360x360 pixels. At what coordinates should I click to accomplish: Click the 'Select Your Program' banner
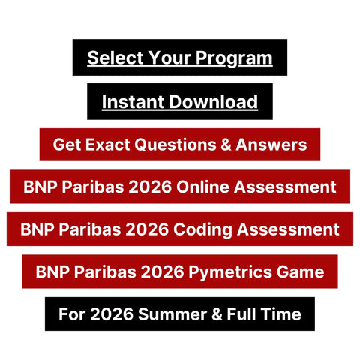(x=179, y=58)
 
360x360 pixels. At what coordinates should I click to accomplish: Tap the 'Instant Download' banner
(x=179, y=101)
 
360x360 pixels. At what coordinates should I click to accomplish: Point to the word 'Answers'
(x=274, y=145)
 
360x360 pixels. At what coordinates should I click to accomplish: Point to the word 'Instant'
(x=129, y=101)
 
